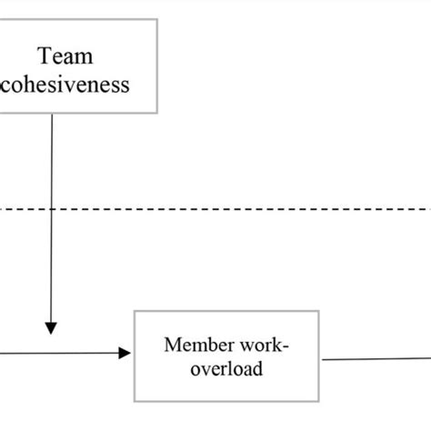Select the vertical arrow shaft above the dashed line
[x=52, y=164]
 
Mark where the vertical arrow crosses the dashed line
[x=52, y=209]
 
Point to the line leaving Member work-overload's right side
[x=373, y=357]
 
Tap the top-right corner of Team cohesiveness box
[x=157, y=19]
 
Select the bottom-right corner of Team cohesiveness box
[x=157, y=114]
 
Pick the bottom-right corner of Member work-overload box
[x=320, y=401]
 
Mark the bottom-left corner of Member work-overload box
[x=135, y=401]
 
